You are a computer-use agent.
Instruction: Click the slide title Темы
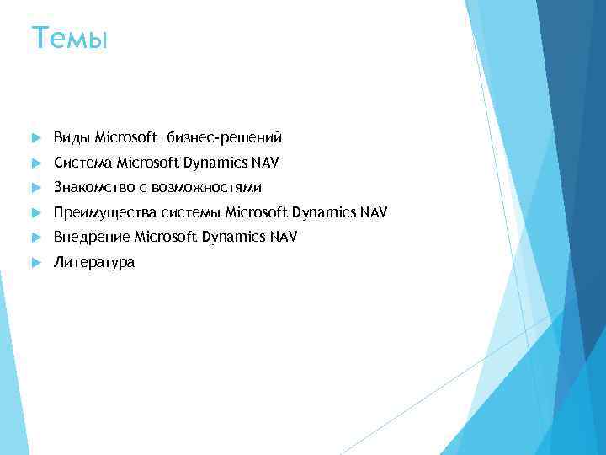pos(69,38)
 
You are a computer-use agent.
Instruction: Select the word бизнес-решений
pos(224,136)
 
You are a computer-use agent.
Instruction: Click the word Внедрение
pos(91,238)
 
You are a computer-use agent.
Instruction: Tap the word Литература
pos(93,263)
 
